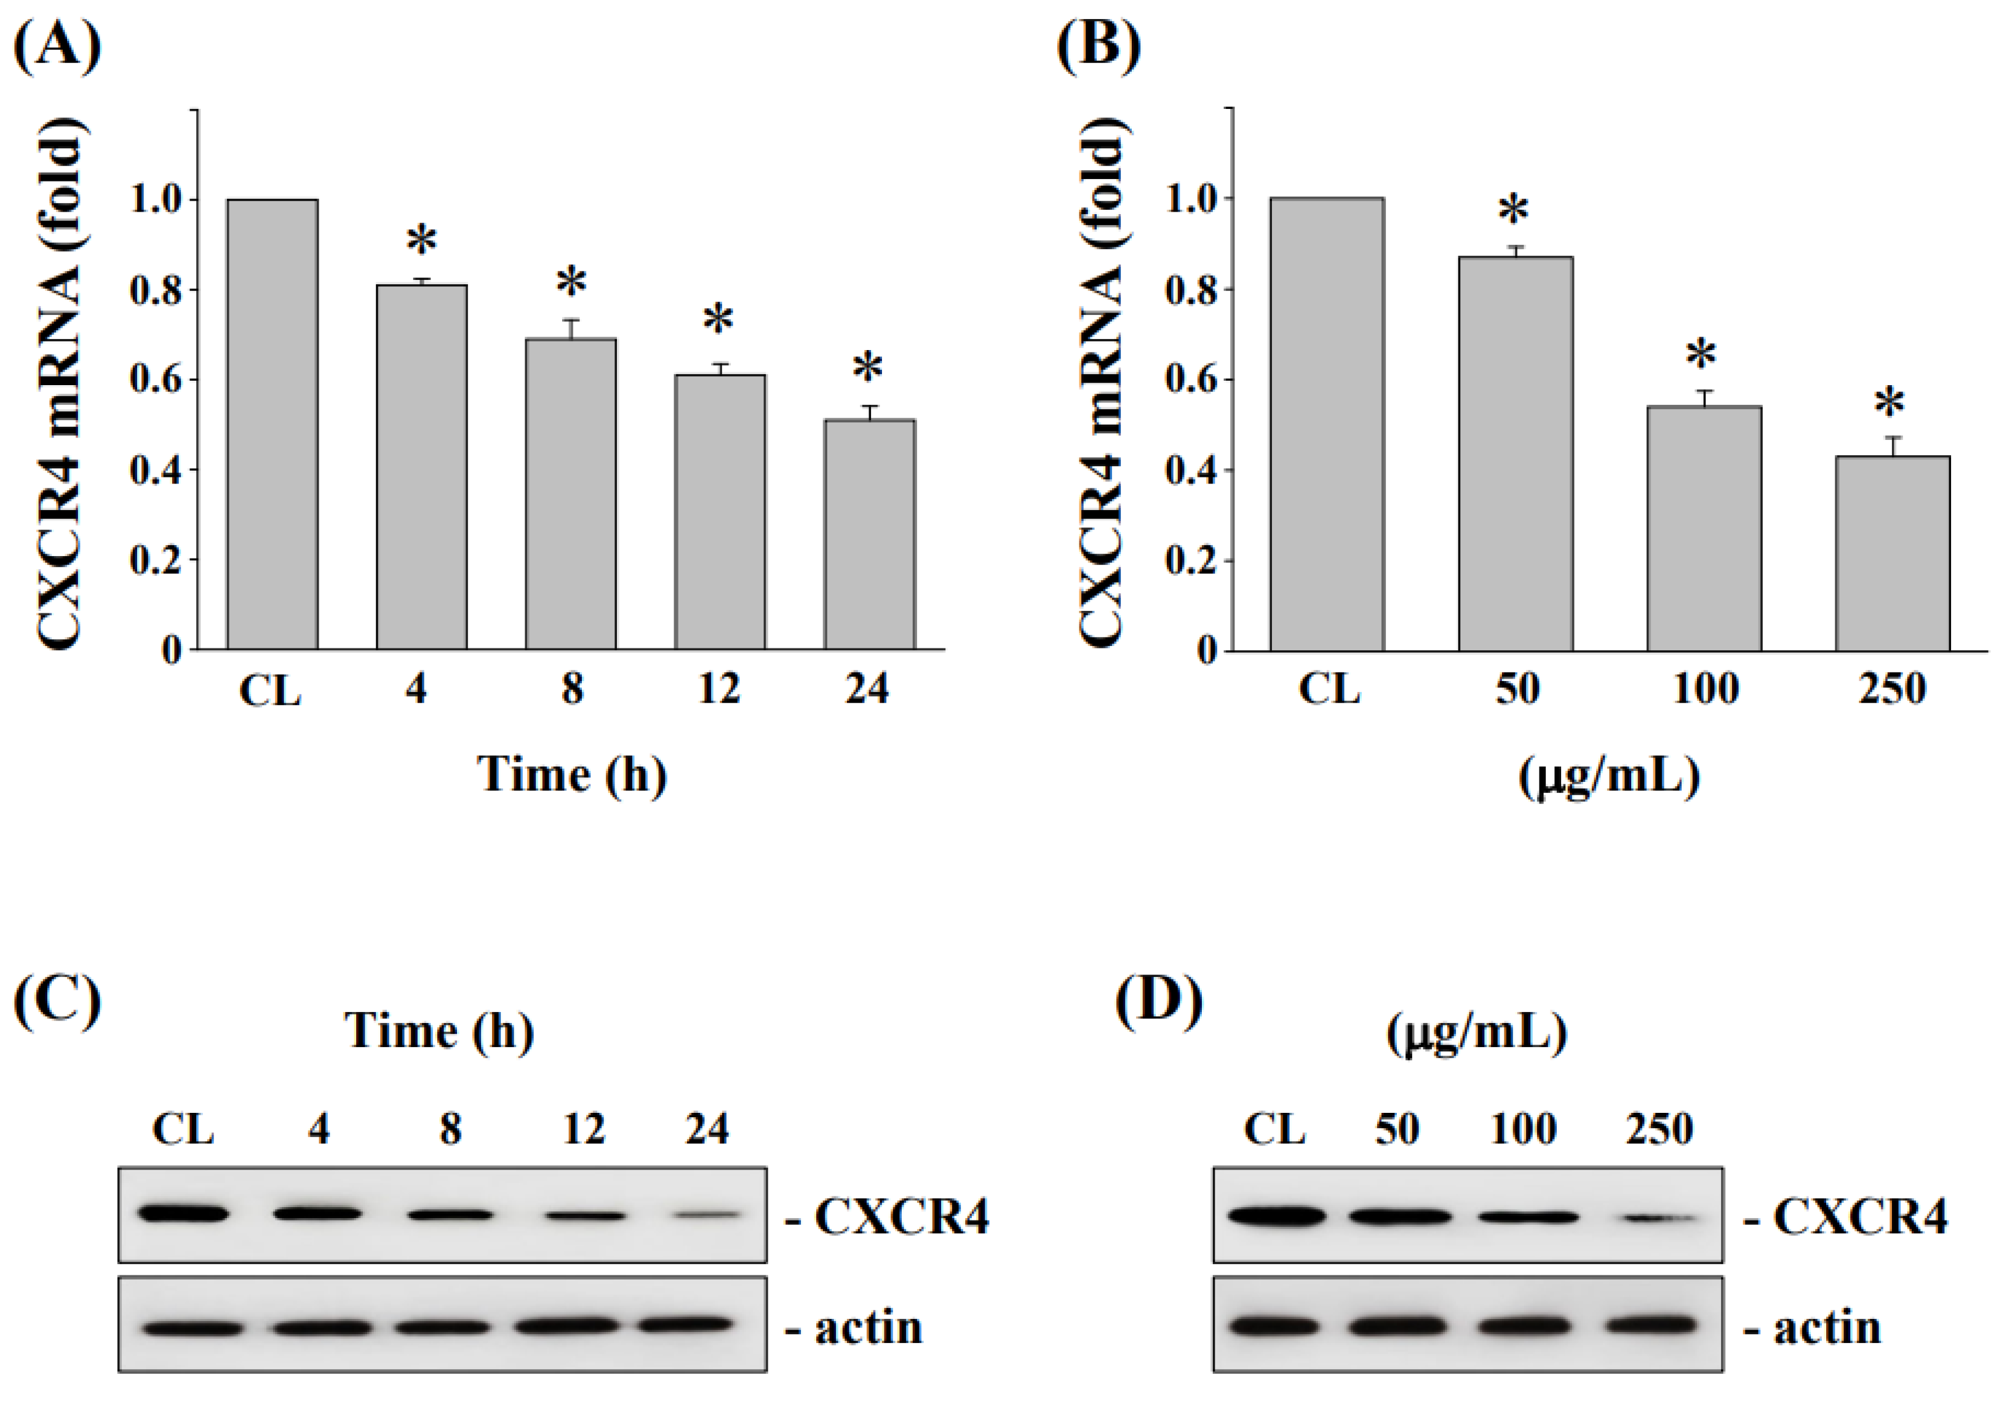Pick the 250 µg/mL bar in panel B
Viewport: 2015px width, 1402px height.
coord(1893,554)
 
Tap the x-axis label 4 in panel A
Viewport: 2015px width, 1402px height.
coord(416,689)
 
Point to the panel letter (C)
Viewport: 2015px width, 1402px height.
coord(58,999)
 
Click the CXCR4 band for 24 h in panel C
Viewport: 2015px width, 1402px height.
coord(707,1215)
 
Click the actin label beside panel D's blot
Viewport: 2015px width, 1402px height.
coord(1827,1328)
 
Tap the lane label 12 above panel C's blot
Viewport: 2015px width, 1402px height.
coord(584,1129)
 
